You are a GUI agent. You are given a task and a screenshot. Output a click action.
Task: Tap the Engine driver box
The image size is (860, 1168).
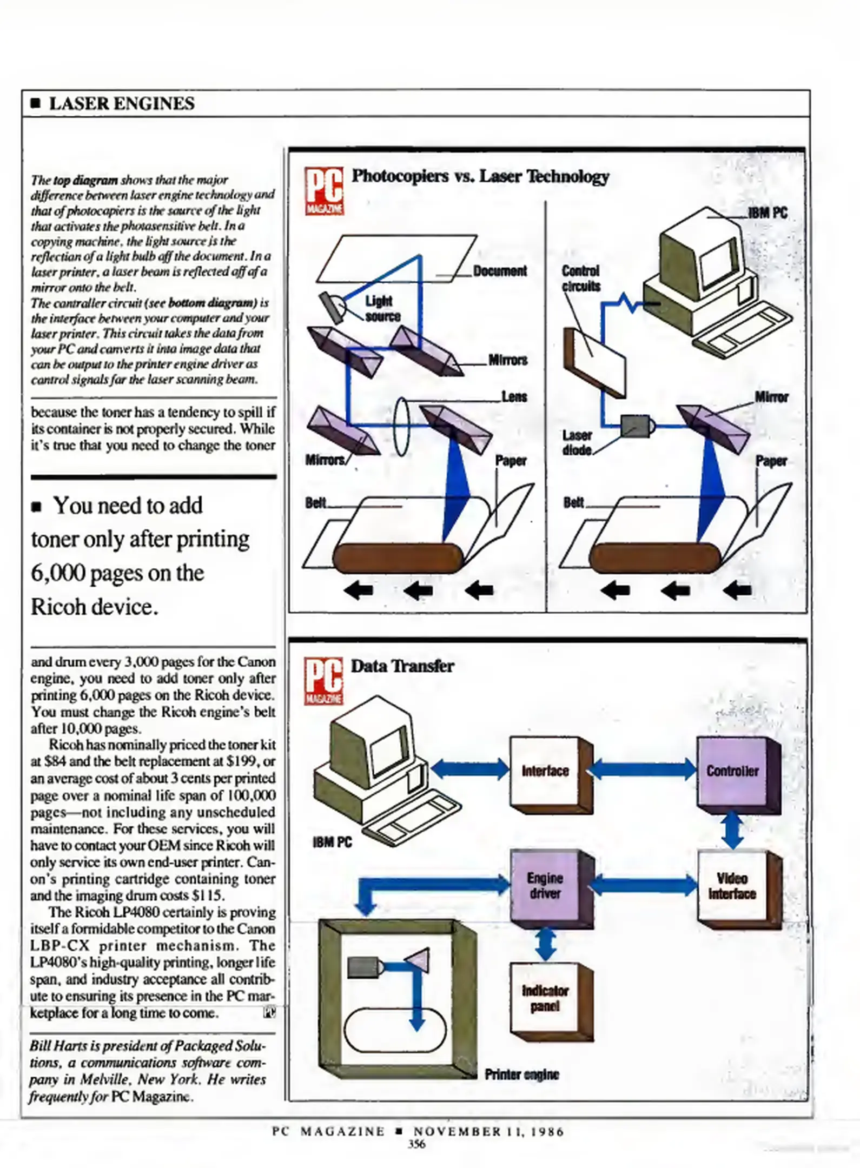pos(545,885)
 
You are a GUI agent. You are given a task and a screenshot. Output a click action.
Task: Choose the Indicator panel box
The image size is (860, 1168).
pos(545,998)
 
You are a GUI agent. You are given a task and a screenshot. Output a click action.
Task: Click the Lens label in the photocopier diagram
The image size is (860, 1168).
pos(514,396)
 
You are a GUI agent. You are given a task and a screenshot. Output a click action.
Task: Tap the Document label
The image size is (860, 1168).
pos(500,270)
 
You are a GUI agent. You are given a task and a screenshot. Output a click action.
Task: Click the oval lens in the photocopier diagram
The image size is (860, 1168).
pos(401,426)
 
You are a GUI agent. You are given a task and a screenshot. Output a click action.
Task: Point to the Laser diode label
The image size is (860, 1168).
pos(577,442)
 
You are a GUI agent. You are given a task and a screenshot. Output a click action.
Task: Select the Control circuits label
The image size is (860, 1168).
pos(580,278)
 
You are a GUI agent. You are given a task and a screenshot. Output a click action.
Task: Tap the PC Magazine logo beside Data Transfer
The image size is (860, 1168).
pos(323,680)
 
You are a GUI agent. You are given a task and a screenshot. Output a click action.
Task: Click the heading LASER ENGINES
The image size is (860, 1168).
pos(121,103)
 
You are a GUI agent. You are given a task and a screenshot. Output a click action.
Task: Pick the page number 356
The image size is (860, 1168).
pos(416,1144)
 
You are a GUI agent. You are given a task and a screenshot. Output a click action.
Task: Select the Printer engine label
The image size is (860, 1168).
pos(521,1074)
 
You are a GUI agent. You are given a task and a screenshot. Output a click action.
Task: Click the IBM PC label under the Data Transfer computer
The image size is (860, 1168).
pos(332,842)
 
